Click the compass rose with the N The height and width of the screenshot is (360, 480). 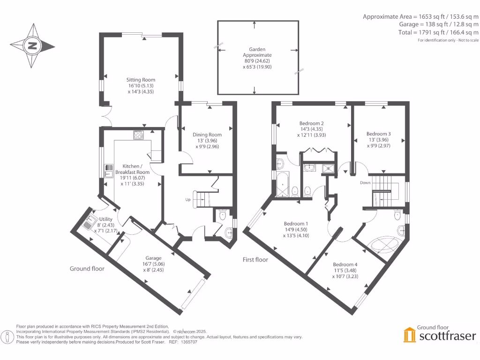tap(32, 46)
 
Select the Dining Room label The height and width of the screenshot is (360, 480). tap(207, 135)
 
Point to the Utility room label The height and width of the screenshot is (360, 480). tap(105, 219)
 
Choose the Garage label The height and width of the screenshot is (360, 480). tap(153, 258)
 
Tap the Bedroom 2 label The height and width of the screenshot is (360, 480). tap(313, 124)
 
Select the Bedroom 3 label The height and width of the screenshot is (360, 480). tap(379, 134)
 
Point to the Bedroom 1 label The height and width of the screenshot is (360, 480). tap(297, 224)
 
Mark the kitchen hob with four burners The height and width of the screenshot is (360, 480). tap(139, 135)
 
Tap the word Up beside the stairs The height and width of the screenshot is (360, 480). tap(188, 200)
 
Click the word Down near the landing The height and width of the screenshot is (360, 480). tap(366, 182)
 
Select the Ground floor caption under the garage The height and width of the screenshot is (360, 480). tap(87, 269)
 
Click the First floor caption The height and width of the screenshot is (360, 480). tap(255, 259)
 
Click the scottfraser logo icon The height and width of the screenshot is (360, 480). tap(410, 335)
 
